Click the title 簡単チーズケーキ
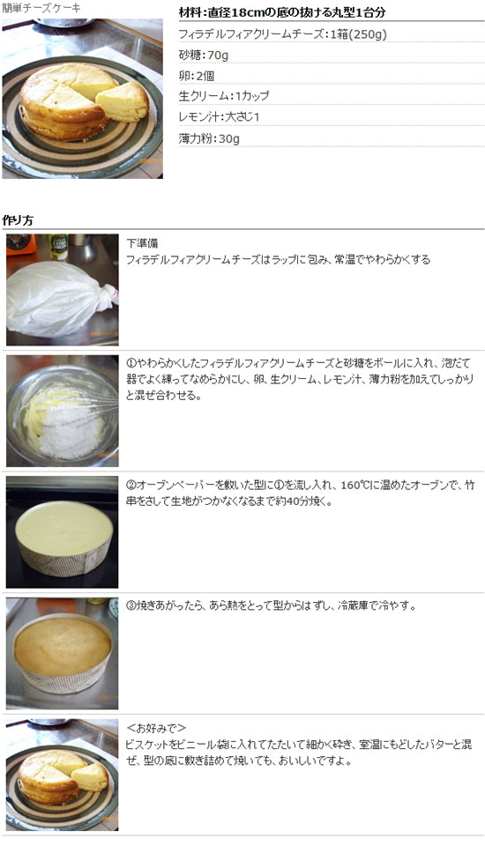41,8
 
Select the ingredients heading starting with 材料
282,13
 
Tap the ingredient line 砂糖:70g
204,55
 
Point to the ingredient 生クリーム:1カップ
224,95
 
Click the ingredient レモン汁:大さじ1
219,116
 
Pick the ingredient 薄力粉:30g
209,138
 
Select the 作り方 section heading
19,219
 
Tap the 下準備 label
142,243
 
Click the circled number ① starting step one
131,363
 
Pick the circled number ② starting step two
131,485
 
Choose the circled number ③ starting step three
131,606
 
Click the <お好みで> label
156,728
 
